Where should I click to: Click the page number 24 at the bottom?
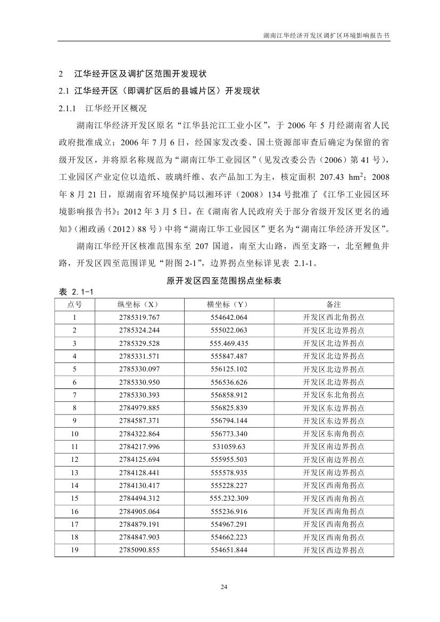[x=223, y=587]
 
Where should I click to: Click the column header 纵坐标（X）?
[x=139, y=304]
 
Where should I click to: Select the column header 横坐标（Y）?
[x=229, y=304]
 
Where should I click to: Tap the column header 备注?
[x=334, y=304]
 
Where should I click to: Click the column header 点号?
[x=74, y=304]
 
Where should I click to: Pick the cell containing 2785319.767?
[x=139, y=317]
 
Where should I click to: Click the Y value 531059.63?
[x=229, y=446]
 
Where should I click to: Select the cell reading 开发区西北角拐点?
[x=334, y=317]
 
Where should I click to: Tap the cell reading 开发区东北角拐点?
[x=334, y=395]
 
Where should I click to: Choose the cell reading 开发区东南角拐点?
[x=334, y=434]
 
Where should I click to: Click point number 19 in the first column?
[x=74, y=550]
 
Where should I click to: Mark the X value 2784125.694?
[x=139, y=460]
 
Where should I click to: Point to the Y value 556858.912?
[x=229, y=395]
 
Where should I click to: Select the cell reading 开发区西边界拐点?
[x=334, y=550]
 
